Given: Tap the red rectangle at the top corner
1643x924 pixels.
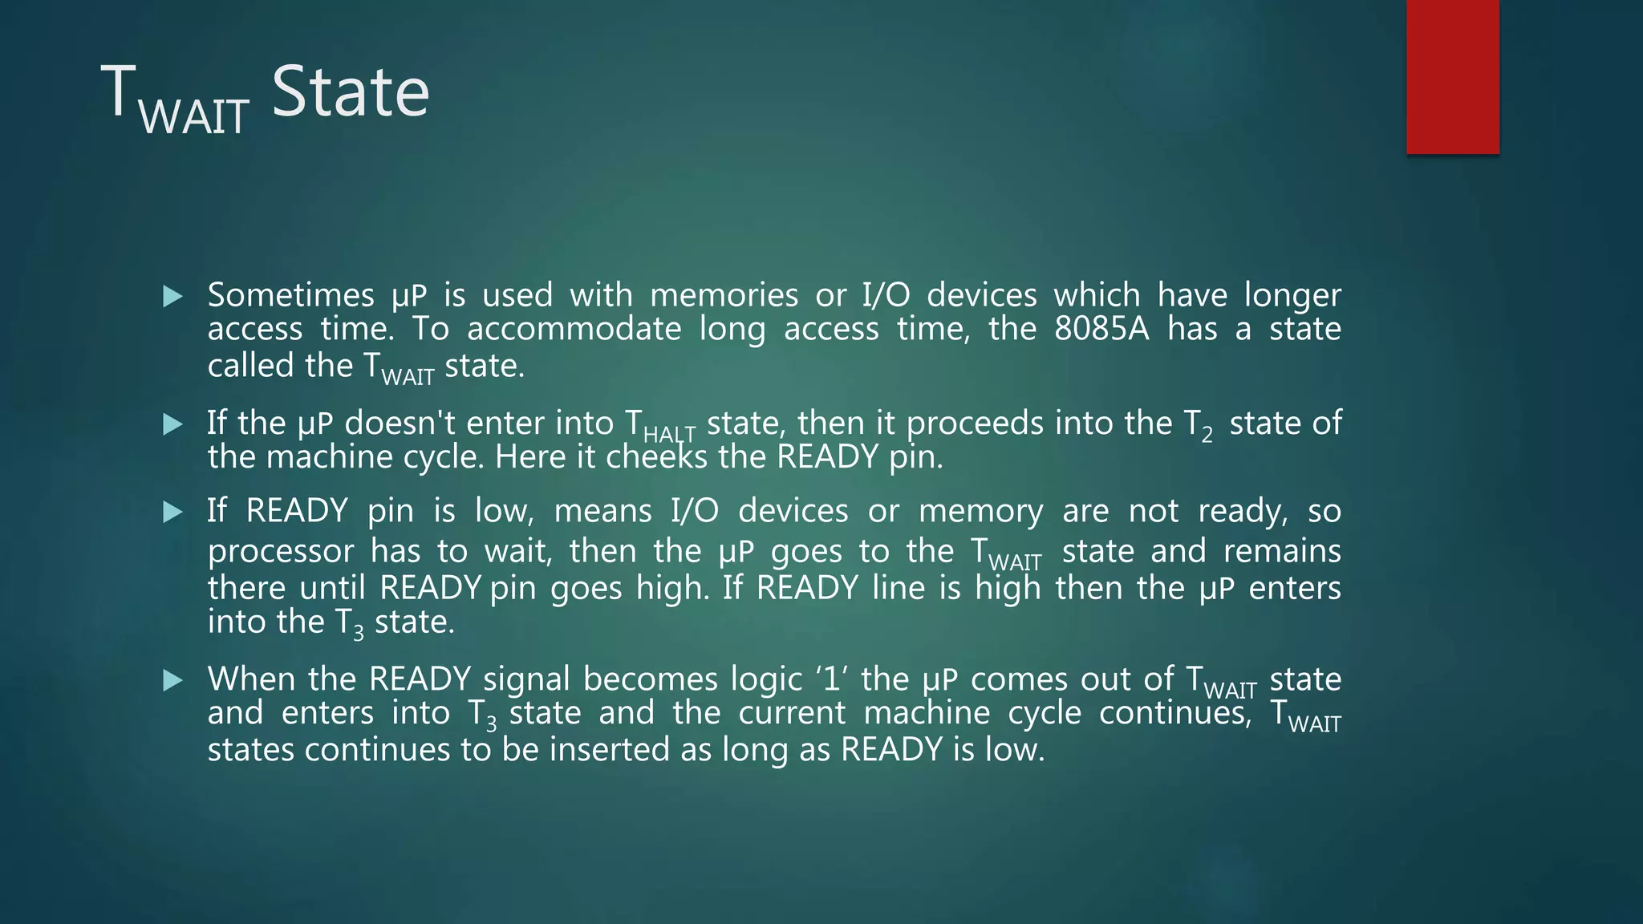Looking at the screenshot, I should tap(1452, 76).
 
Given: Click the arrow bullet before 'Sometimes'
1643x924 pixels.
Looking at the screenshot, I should tap(172, 297).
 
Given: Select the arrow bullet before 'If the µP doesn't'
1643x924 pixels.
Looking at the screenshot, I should tap(172, 424).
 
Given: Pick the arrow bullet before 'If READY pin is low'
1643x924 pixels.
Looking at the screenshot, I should tap(172, 512).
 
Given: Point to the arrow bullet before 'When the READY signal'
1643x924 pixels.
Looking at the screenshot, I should tap(172, 681).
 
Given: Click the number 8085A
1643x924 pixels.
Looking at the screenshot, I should tap(1101, 329).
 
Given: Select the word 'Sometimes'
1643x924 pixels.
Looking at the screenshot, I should tap(290, 295).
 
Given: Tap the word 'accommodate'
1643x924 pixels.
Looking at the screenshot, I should tap(574, 329).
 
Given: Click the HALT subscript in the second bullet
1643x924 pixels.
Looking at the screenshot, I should tap(669, 435).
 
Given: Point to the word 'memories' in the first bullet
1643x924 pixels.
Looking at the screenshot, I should tap(724, 295).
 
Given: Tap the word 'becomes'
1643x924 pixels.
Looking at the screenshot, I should tap(650, 679).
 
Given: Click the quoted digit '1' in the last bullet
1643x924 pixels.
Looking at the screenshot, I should tap(831, 679).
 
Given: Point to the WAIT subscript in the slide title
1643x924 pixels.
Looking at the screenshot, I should tap(193, 117).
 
